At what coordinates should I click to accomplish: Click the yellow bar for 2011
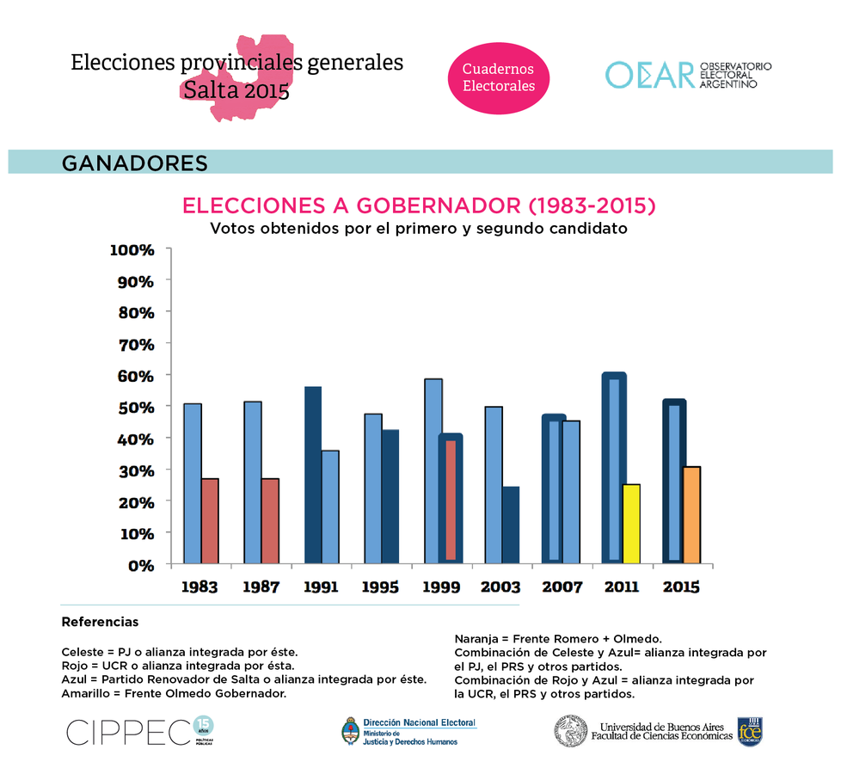tap(631, 524)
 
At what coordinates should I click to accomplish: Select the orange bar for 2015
tap(691, 515)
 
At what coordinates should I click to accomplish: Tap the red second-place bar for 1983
tap(210, 520)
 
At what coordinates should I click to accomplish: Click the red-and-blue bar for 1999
tap(451, 500)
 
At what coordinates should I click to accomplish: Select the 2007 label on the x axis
tap(562, 587)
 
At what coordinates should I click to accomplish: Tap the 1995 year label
tap(380, 587)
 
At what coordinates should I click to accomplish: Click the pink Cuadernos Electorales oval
tap(499, 78)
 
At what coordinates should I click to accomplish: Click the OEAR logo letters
tap(649, 75)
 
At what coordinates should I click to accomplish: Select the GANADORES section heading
tap(135, 163)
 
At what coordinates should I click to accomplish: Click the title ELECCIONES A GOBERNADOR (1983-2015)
tap(420, 206)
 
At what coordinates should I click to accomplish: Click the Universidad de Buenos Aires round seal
tap(570, 731)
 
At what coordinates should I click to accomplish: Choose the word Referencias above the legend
tap(100, 622)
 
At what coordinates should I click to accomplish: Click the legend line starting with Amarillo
tap(174, 693)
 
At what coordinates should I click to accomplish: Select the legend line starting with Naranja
tap(557, 638)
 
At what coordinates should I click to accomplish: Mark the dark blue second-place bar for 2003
tap(511, 525)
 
